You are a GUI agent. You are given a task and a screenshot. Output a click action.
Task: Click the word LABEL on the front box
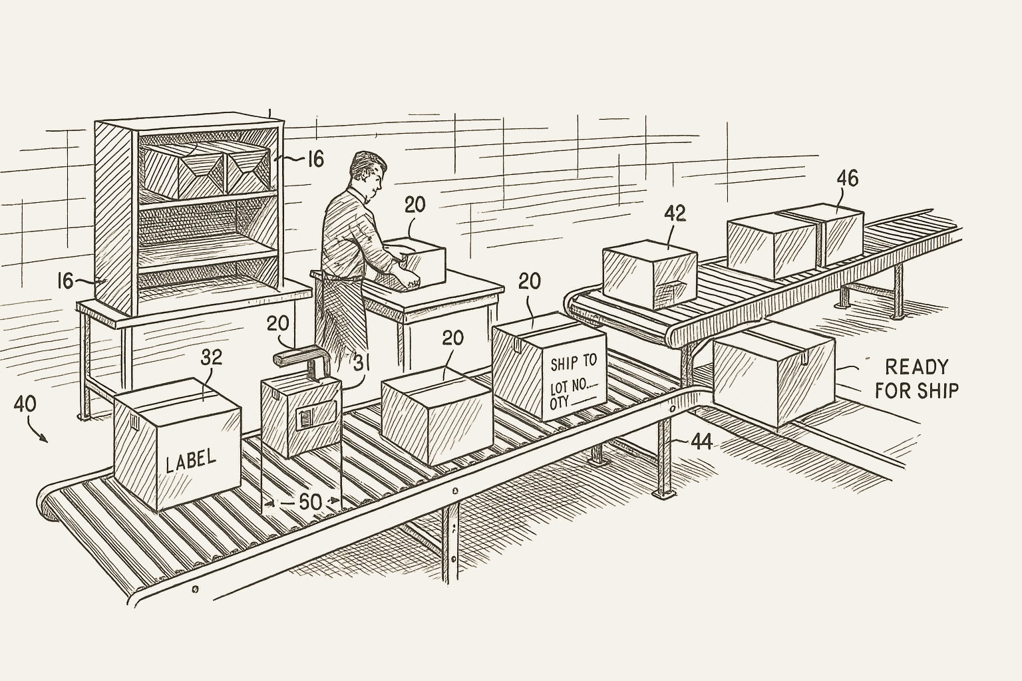coord(190,460)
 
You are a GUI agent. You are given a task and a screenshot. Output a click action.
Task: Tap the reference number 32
coord(211,358)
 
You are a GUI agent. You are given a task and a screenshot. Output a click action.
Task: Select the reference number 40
coord(25,404)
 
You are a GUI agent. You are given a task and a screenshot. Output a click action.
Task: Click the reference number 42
coord(675,213)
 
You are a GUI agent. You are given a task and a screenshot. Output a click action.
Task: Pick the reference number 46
coord(847,178)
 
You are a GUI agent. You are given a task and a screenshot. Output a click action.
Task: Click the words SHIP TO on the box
coord(574,362)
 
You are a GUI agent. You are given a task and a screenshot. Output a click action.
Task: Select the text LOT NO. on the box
coord(570,386)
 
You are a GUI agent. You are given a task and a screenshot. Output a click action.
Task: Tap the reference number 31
coord(361,363)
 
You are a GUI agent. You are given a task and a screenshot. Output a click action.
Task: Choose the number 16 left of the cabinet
coord(65,281)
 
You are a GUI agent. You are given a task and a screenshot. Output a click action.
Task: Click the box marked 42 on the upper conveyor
coord(649,277)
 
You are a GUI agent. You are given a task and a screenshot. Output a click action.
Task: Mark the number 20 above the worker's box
coord(415,205)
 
